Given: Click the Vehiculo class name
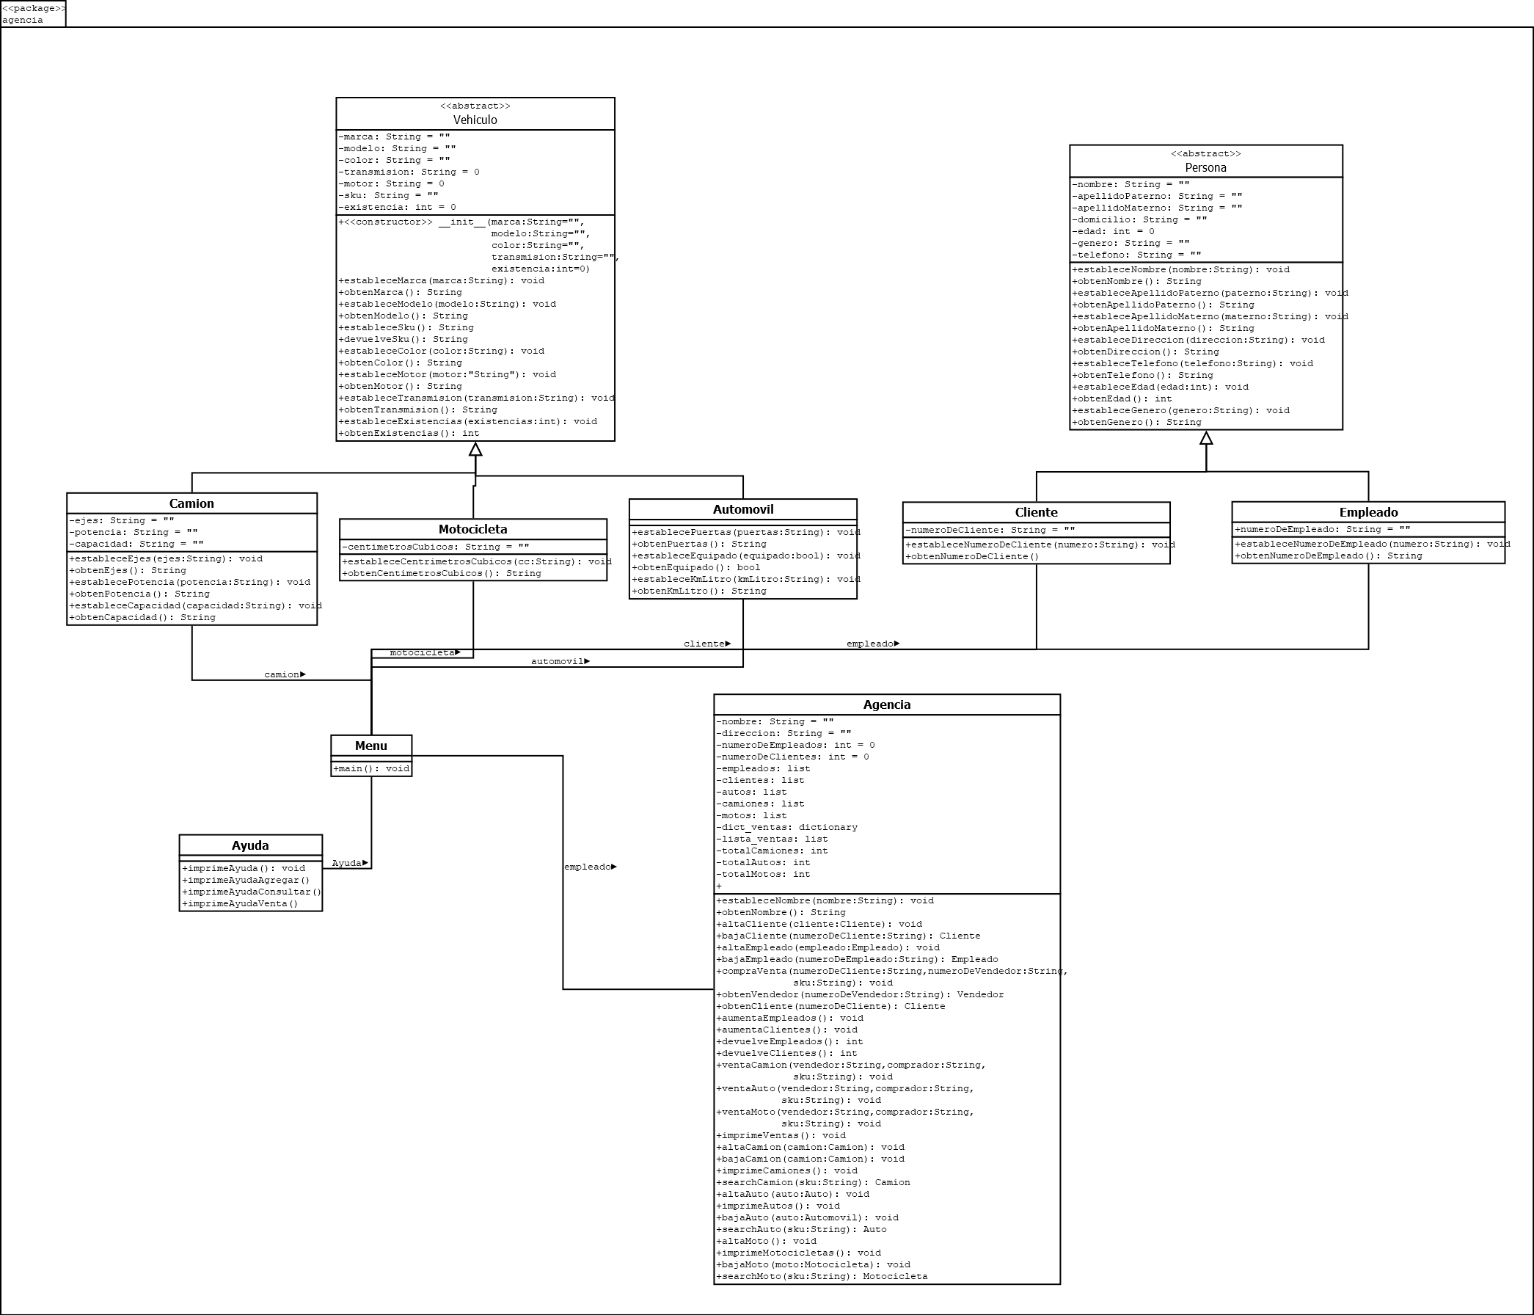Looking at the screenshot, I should (475, 120).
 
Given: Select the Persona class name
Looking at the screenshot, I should (1205, 167).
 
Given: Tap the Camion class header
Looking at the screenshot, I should (191, 503).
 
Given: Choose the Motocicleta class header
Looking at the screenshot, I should (472, 529).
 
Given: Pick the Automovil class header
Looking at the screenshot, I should (742, 509).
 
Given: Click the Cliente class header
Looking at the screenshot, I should (1036, 512).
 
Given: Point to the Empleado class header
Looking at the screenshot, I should (1368, 512).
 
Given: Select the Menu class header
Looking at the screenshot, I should (371, 746).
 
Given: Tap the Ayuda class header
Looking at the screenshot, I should (250, 845).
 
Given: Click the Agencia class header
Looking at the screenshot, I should (886, 705).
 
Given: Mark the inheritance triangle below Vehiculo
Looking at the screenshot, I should (475, 449).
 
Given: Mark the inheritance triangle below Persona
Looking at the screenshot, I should (1206, 438).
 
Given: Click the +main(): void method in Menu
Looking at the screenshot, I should (371, 768).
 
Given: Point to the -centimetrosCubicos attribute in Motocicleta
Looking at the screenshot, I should (435, 547).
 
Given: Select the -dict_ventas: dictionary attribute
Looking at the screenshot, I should (786, 827).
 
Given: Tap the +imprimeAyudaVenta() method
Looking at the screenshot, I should (240, 903).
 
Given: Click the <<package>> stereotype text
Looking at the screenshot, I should (33, 8).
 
